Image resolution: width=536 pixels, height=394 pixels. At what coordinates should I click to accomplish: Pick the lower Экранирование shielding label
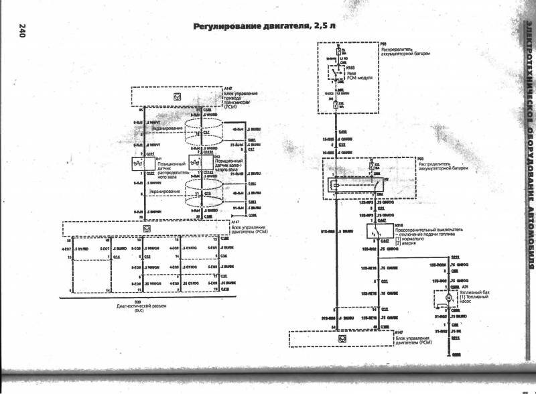164,192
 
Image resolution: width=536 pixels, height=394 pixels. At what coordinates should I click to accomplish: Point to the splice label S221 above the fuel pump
456,257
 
